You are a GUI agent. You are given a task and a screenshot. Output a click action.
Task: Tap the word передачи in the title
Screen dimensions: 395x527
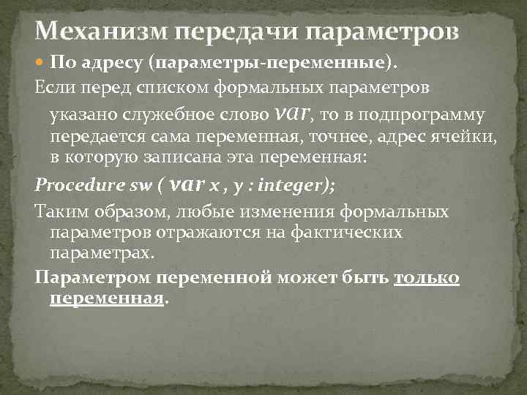235,32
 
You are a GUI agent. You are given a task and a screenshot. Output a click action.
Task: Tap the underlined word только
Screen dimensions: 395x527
427,278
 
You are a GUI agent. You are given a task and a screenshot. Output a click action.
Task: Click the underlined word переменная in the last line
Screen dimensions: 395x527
107,298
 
